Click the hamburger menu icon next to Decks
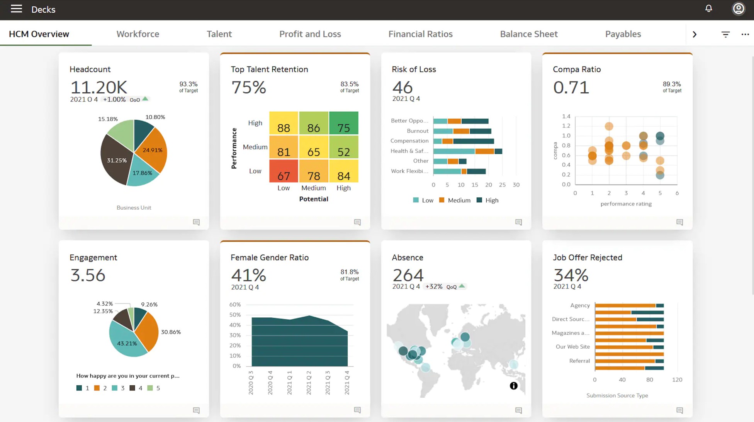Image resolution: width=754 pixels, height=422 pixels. [16, 9]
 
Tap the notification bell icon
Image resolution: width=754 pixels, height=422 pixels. [708, 8]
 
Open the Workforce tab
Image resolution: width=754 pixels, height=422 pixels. [138, 34]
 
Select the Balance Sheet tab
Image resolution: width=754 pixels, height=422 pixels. [528, 34]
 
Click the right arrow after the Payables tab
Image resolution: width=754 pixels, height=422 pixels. [694, 34]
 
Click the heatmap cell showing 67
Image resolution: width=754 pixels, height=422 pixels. [284, 171]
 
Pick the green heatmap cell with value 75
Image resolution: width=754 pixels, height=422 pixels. [343, 123]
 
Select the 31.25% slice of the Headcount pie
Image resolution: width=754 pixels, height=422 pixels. [116, 160]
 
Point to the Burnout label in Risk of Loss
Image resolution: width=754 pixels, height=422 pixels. [417, 131]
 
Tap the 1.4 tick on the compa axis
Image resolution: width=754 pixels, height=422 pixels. [566, 116]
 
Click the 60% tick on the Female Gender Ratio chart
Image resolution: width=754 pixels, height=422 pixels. [235, 305]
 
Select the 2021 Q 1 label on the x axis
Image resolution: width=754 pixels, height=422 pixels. [289, 382]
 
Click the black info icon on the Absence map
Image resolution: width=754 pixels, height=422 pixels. [513, 386]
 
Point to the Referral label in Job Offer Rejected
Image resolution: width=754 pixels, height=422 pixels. [579, 361]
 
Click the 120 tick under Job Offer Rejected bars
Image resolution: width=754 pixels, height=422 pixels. [677, 380]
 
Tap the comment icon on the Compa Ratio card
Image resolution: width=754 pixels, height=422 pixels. [679, 222]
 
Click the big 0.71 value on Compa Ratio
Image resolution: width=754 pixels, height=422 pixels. [571, 87]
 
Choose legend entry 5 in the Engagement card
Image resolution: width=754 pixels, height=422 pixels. [154, 388]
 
